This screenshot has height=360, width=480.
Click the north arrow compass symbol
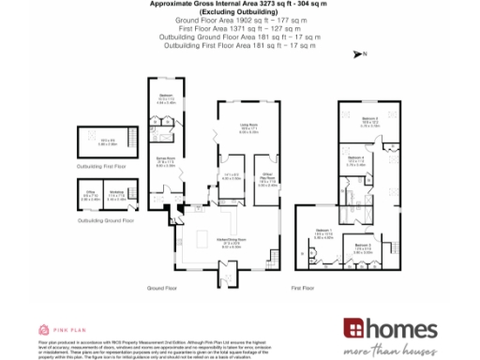point(358,54)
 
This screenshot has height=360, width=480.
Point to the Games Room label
point(166,162)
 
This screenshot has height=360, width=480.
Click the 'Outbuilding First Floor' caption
point(101,165)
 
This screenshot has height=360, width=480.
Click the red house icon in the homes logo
point(353,329)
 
